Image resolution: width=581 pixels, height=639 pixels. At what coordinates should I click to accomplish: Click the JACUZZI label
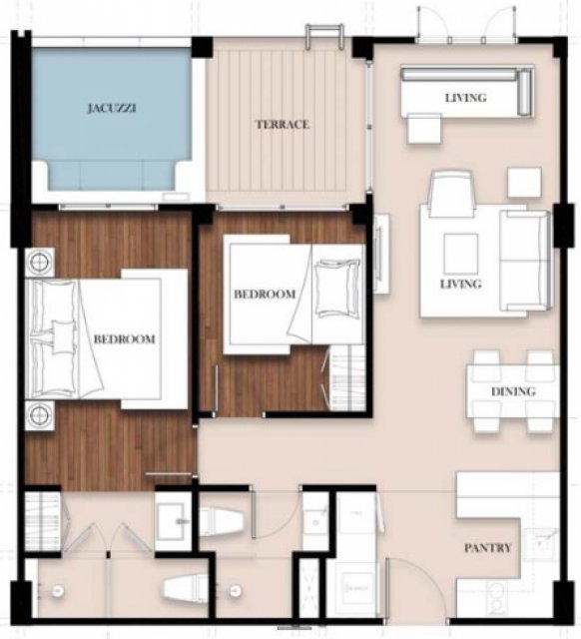click(x=111, y=109)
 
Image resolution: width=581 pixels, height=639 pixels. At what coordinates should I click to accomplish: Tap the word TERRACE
click(x=283, y=124)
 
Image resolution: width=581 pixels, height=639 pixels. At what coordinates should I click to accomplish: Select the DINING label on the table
click(x=513, y=391)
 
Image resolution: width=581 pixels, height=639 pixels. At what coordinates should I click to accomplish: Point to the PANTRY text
click(x=488, y=548)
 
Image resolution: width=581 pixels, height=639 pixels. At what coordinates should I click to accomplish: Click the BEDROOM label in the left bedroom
click(x=124, y=339)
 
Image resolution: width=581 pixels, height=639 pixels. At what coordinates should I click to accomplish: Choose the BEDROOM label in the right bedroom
click(x=265, y=294)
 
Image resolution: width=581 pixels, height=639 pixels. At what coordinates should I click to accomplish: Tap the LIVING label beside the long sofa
click(x=465, y=98)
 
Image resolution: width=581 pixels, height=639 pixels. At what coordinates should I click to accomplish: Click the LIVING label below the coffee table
click(x=461, y=284)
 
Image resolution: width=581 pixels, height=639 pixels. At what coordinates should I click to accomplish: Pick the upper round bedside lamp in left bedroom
click(x=40, y=263)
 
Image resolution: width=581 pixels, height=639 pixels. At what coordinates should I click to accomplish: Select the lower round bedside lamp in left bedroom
click(x=40, y=415)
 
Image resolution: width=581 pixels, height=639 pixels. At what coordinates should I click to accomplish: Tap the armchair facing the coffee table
click(x=452, y=194)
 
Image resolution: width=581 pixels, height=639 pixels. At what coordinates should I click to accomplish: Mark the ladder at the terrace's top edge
click(x=324, y=36)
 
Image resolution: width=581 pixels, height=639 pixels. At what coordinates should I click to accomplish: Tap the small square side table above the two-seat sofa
click(x=524, y=183)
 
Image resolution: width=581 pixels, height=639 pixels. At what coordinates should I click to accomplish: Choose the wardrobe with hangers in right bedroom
click(x=346, y=377)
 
